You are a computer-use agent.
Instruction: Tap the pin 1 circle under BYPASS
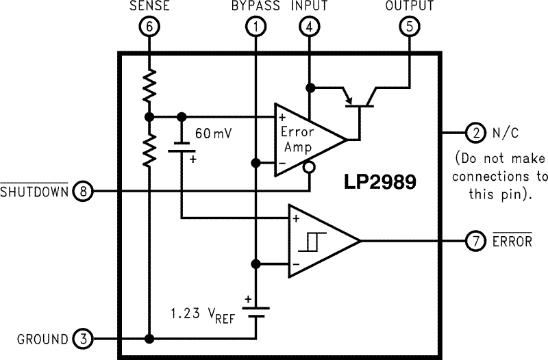pos(255,27)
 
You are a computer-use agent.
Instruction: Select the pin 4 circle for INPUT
pos(310,27)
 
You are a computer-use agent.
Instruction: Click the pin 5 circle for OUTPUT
pos(409,27)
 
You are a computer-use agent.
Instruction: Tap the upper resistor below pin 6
pos(149,86)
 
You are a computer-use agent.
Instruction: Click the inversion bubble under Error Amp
pos(310,167)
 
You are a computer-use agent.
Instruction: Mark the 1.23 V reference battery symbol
pos(255,310)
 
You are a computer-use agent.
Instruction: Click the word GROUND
pos(42,339)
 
